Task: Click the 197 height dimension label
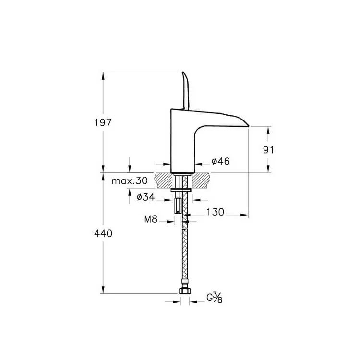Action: click(103, 122)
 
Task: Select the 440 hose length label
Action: click(103, 233)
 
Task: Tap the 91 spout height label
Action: click(268, 150)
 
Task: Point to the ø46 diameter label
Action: click(220, 161)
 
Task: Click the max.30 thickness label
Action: click(129, 181)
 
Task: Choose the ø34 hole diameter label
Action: click(145, 197)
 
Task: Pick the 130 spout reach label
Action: click(215, 212)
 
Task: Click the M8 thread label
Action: click(151, 219)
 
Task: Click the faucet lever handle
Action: click(185, 91)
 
